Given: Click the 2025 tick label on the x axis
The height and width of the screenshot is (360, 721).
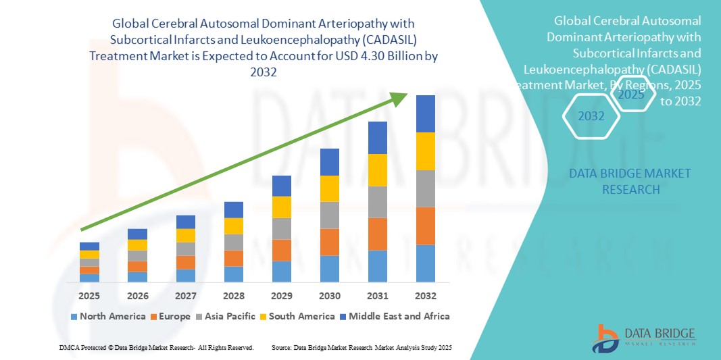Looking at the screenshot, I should pyautogui.click(x=89, y=296).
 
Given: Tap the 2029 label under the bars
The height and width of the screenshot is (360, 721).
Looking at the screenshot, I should pyautogui.click(x=282, y=296).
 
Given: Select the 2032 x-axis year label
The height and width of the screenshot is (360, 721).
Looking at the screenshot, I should pyautogui.click(x=426, y=296).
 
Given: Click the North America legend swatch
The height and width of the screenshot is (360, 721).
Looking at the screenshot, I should pyautogui.click(x=74, y=316).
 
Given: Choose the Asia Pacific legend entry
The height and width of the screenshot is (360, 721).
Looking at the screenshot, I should pyautogui.click(x=224, y=316).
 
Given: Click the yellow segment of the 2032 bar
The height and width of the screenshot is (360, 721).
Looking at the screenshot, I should pyautogui.click(x=426, y=151).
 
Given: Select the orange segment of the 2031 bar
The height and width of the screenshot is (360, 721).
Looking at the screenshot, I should pyautogui.click(x=378, y=234).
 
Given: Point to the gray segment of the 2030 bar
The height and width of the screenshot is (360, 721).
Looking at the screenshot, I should pyautogui.click(x=330, y=215).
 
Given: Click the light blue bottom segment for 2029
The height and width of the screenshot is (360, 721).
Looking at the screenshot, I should pyautogui.click(x=282, y=271).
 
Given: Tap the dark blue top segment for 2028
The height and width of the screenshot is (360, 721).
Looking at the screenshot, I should pyautogui.click(x=234, y=209).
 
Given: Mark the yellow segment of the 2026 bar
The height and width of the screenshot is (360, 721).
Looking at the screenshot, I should pyautogui.click(x=137, y=245).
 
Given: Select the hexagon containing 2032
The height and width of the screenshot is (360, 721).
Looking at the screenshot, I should pyautogui.click(x=591, y=116).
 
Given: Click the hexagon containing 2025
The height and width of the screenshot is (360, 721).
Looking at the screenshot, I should pyautogui.click(x=631, y=95).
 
